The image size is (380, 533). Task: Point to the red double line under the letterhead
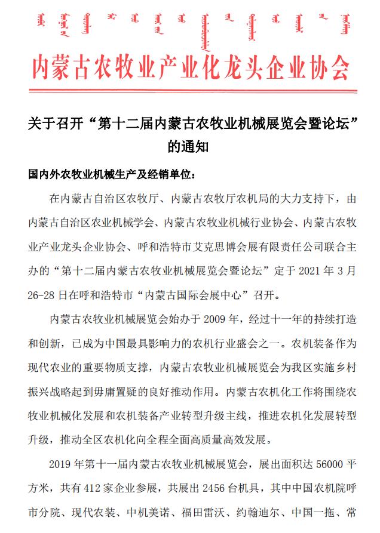point(190,91)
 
